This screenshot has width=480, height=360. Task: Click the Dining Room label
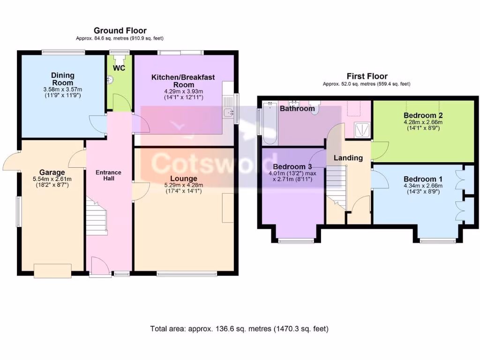(63, 79)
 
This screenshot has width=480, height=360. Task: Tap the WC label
(119, 68)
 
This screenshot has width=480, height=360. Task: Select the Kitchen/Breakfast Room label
(183, 80)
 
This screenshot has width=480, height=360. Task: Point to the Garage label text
(52, 172)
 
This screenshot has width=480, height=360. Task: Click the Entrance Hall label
(108, 175)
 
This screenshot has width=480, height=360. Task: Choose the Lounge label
(183, 179)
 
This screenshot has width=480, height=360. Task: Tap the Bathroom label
(297, 109)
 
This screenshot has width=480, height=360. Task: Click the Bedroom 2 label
(423, 115)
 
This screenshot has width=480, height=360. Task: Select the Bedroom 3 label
(292, 167)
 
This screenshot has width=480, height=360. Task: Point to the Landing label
(348, 158)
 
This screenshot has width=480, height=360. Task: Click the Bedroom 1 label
(423, 179)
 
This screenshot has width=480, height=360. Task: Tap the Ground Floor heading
(120, 31)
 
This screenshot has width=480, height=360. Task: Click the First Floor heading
(367, 76)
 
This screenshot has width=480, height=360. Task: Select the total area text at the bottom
(240, 329)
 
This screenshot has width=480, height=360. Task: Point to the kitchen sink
(229, 112)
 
